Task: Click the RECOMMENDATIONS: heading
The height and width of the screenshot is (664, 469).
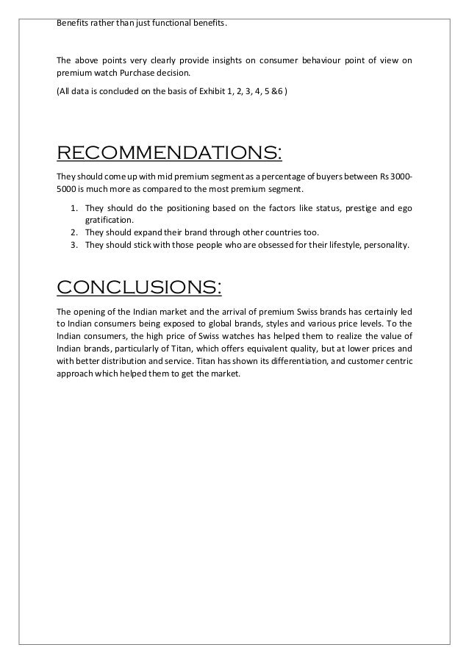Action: click(168, 153)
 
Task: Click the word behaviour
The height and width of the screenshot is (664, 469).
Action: click(317, 61)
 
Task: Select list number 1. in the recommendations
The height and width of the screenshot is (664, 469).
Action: click(74, 208)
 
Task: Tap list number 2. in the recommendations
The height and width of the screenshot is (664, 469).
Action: click(74, 232)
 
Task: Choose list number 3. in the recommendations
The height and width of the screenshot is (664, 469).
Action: click(74, 244)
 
